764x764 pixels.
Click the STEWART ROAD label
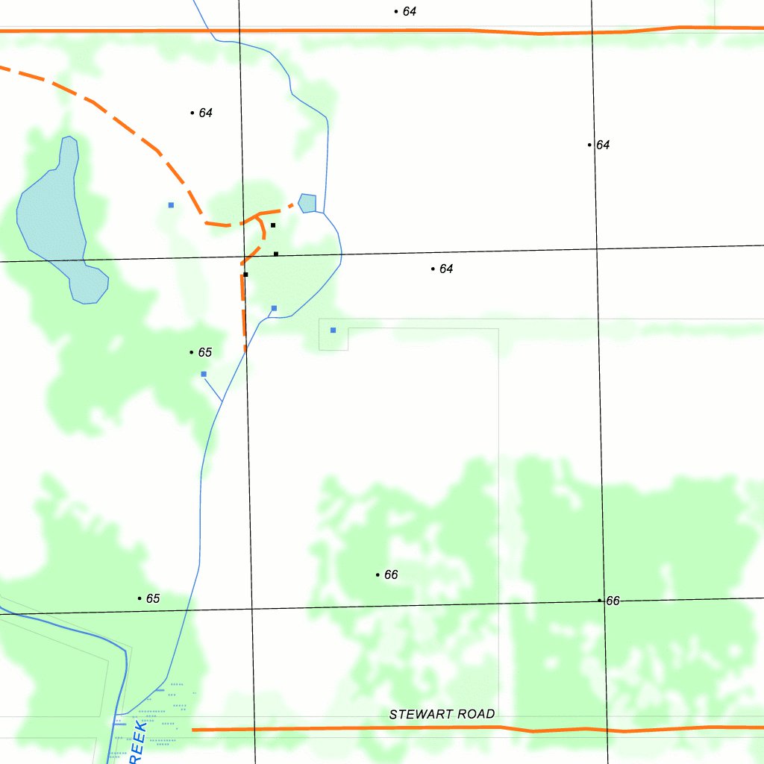[442, 714]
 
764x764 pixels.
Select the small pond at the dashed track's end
[307, 203]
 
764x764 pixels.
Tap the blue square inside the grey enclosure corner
[333, 330]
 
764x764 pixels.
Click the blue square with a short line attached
[204, 374]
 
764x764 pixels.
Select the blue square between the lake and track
[171, 204]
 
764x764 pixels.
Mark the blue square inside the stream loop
[274, 308]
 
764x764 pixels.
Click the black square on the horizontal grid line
[276, 254]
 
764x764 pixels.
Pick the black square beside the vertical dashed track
[245, 275]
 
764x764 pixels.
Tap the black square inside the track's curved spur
[273, 225]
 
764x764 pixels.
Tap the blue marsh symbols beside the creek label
[160, 716]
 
